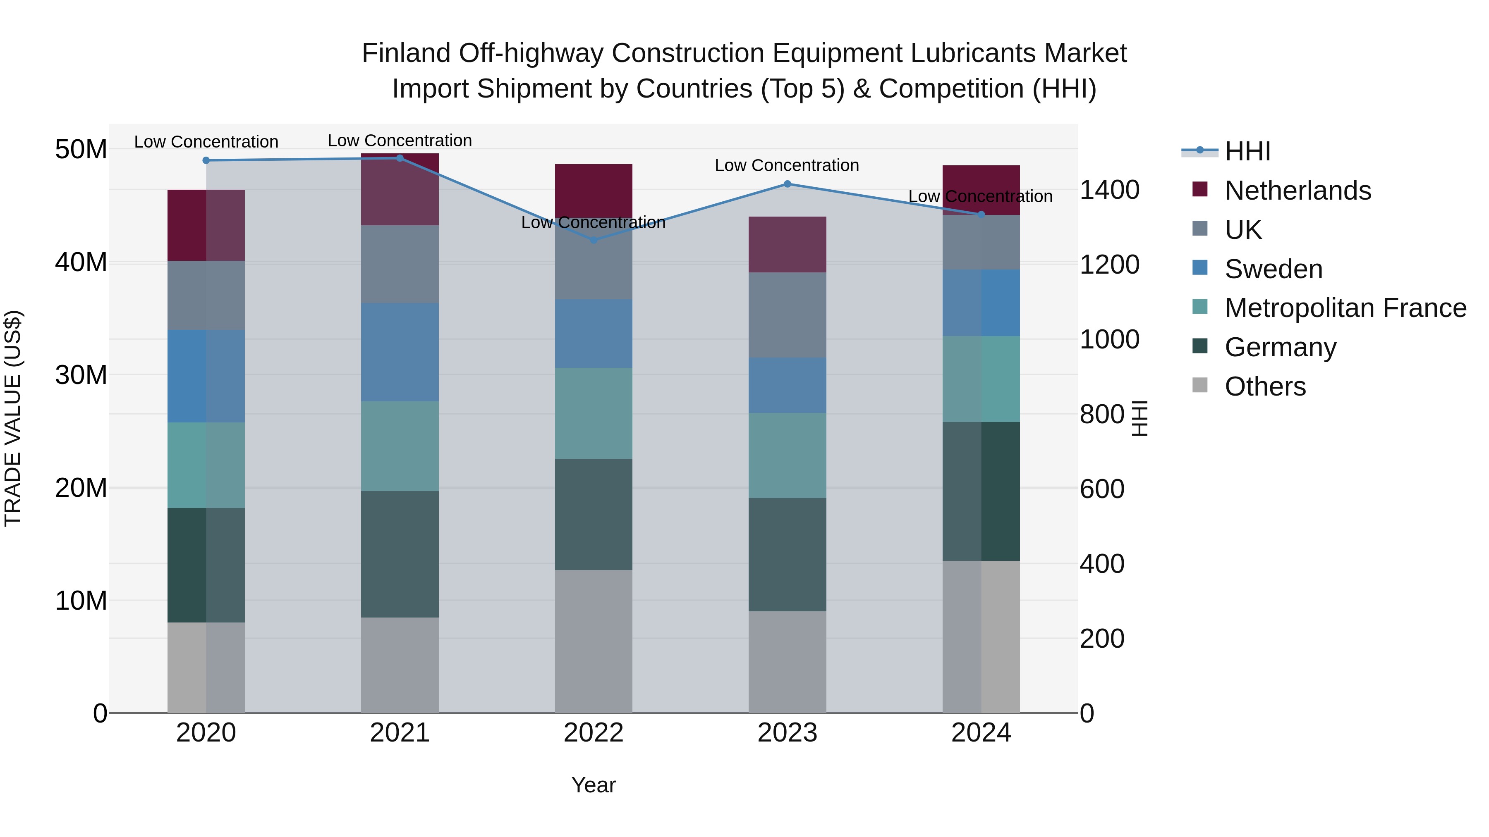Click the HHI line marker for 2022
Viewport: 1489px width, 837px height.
(594, 240)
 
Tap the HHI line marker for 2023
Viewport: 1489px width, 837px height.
(787, 184)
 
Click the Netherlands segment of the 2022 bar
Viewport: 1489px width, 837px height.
(594, 191)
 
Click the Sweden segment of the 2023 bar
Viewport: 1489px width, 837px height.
(787, 385)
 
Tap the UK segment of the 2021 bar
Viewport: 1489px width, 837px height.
(400, 264)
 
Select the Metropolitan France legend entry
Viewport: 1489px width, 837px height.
(1345, 308)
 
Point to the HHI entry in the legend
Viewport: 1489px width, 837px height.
(1247, 151)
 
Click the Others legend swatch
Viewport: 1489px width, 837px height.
(1200, 385)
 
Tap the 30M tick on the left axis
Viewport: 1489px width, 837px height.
(81, 375)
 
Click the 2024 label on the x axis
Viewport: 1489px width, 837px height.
(981, 733)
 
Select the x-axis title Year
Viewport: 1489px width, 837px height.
(594, 785)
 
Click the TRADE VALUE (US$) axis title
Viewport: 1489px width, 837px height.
(13, 418)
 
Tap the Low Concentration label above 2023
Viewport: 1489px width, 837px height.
(787, 166)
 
